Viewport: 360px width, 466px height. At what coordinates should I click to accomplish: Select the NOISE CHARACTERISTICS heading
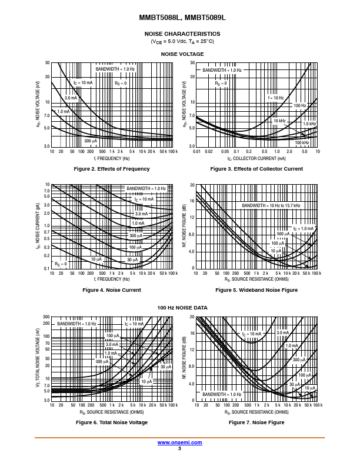click(182, 34)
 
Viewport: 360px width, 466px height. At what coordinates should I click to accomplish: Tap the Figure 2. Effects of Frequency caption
click(112, 169)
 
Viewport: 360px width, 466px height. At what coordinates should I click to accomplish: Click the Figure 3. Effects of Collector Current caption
click(256, 169)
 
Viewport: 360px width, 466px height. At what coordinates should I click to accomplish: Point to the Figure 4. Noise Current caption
click(112, 290)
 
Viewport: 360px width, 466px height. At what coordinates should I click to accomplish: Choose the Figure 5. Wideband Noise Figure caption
click(256, 290)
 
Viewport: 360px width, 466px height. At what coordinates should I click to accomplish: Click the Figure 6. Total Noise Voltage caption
click(112, 422)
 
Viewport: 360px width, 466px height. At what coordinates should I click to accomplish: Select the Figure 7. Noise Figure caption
click(256, 422)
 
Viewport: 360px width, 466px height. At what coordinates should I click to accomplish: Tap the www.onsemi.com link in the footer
click(180, 442)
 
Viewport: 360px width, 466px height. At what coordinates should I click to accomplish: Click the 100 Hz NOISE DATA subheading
click(182, 308)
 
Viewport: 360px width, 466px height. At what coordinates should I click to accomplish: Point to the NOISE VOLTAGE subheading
click(182, 54)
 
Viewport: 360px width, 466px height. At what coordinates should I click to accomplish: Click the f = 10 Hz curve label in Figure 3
click(276, 98)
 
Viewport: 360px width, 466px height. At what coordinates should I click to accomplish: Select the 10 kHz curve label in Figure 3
click(279, 121)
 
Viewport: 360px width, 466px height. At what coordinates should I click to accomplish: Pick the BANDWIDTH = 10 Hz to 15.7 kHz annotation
click(271, 205)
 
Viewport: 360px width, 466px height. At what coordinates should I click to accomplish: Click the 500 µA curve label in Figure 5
click(283, 234)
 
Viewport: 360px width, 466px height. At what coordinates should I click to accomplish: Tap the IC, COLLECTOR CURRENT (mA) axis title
click(256, 158)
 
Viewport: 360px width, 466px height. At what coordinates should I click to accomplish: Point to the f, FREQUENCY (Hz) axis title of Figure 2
click(112, 158)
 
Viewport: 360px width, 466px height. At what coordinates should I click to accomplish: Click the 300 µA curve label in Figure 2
click(90, 141)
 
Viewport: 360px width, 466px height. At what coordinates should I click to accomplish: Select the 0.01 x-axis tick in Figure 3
click(196, 152)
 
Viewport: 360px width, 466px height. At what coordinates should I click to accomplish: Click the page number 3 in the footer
click(180, 448)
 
